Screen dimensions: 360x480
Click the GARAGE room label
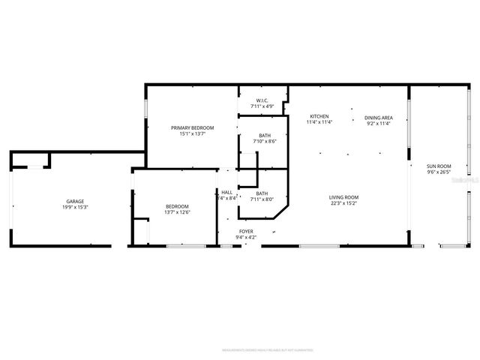(74, 201)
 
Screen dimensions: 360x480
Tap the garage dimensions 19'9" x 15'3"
(74, 207)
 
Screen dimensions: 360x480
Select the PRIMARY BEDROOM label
(192, 127)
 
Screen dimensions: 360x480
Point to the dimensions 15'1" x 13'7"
(192, 133)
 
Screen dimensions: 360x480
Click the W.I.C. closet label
(262, 100)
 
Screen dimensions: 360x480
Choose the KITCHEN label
(319, 116)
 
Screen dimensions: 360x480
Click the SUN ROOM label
(439, 166)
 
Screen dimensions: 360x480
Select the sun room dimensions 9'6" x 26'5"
(439, 172)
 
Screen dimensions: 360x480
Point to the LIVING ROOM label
(343, 197)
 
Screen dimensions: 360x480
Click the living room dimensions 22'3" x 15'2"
(343, 203)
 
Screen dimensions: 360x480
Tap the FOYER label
(247, 231)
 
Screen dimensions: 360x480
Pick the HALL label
(226, 192)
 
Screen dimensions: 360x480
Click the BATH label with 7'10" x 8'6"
(265, 135)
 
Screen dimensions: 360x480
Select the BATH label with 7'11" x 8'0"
(262, 193)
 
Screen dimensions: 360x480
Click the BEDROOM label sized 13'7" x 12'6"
(177, 206)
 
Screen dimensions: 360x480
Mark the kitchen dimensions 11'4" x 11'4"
(319, 122)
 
